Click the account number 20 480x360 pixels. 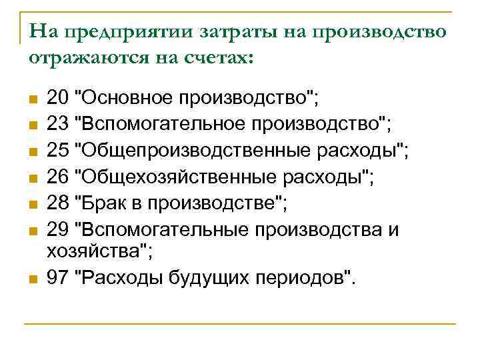pos(58,99)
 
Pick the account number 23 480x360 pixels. pos(58,123)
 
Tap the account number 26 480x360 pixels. pos(58,178)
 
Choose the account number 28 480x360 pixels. pos(58,203)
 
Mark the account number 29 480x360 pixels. pos(58,230)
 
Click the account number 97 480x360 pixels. pos(58,277)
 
